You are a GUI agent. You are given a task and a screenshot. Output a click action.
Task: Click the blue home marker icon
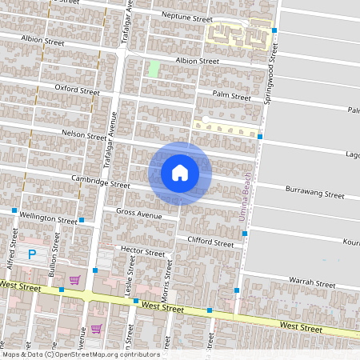point(180,173)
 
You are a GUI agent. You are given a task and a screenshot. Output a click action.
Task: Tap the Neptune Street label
point(186,17)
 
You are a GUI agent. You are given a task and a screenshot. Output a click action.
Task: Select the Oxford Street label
point(76,88)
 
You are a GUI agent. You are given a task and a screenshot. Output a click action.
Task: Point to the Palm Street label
point(232,94)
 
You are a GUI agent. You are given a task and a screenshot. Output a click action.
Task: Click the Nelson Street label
point(84,134)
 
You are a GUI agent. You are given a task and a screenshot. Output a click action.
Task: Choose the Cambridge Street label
point(100,181)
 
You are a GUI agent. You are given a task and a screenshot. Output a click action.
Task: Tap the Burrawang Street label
point(316,193)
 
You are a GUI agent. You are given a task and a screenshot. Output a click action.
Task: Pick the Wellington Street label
point(49,218)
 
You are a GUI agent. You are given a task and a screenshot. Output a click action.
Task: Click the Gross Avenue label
point(138,214)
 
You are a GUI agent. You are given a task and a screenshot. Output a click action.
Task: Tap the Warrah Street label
point(313,282)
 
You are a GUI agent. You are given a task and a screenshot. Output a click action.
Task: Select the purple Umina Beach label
point(247,197)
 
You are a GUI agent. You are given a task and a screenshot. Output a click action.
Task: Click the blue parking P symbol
point(32,255)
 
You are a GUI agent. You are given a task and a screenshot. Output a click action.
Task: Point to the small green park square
point(153,69)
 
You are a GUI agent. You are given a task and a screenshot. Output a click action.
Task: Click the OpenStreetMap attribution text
point(81,354)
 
